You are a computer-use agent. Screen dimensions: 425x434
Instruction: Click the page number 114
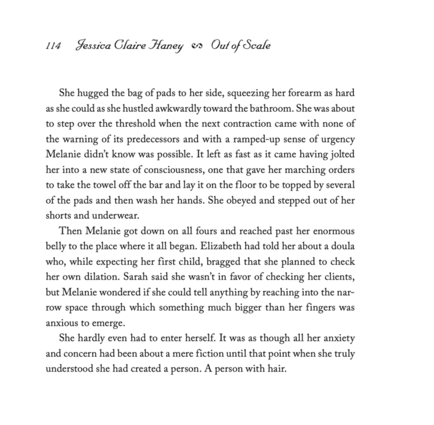(53, 46)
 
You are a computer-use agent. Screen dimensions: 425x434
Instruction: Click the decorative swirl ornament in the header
(197, 47)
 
